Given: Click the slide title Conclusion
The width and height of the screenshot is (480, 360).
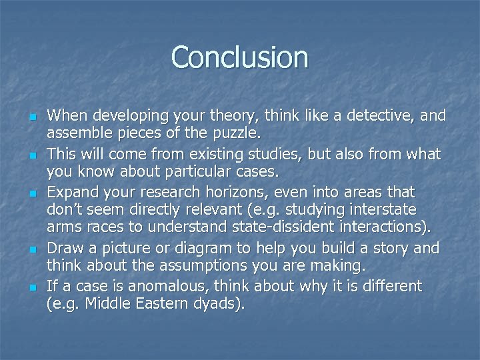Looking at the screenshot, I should coord(240,57).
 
